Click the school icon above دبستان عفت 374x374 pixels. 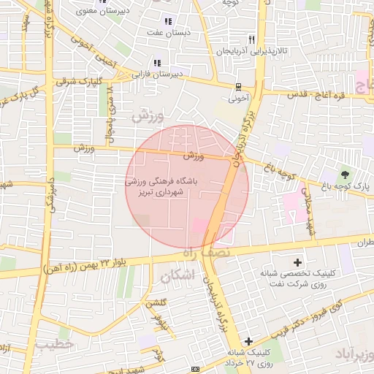(x=169, y=21)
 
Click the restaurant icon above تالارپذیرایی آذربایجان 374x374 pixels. (x=252, y=39)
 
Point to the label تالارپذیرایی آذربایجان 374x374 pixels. (x=253, y=52)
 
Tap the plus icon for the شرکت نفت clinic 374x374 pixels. (x=297, y=262)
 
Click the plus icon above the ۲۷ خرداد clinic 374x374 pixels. (x=249, y=341)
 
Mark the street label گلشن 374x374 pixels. (x=157, y=303)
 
